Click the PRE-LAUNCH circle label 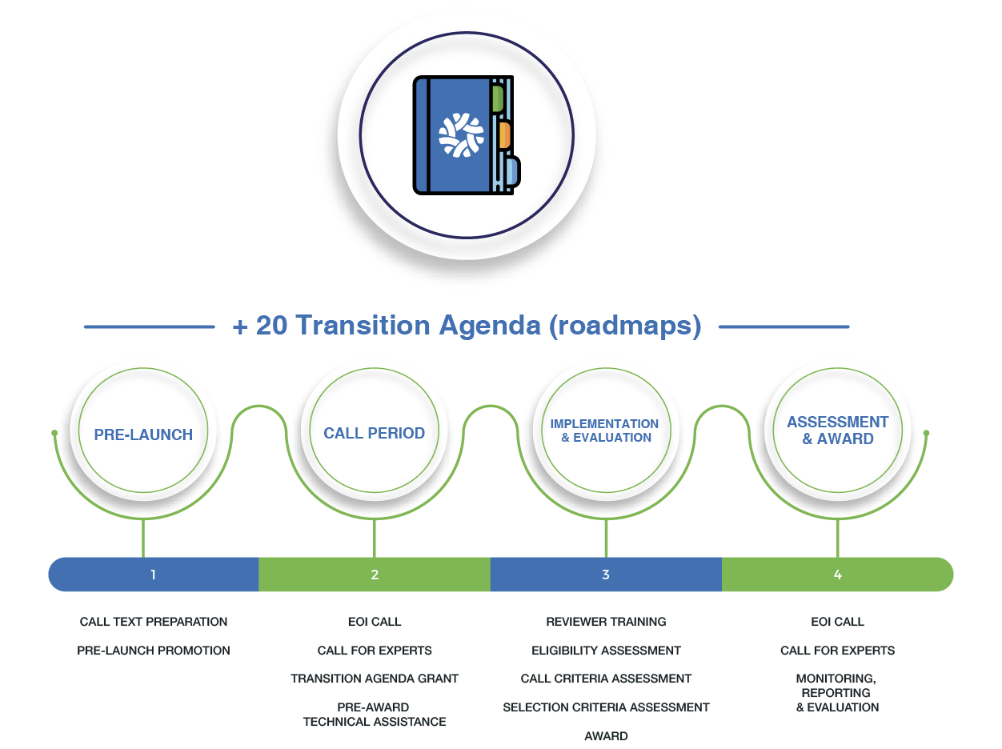coord(143,435)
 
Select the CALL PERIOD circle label coord(374,433)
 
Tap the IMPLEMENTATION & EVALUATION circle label coord(605,431)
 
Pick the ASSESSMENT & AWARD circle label coord(837,431)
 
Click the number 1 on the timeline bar coord(153,575)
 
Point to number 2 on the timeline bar coord(375,575)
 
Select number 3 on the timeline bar coord(606,575)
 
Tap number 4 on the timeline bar coord(837,575)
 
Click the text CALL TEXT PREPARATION coord(154,622)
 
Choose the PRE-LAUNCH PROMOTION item coord(154,651)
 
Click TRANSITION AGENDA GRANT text coord(375,679)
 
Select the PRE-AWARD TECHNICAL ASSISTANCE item coord(375,715)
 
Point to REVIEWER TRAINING coord(606,622)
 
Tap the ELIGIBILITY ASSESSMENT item coord(606,651)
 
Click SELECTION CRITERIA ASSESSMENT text coord(606,707)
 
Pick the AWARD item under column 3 coord(606,736)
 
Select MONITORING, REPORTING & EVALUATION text coord(837,693)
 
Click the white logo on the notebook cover coord(461,134)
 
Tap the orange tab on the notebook coord(503,135)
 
